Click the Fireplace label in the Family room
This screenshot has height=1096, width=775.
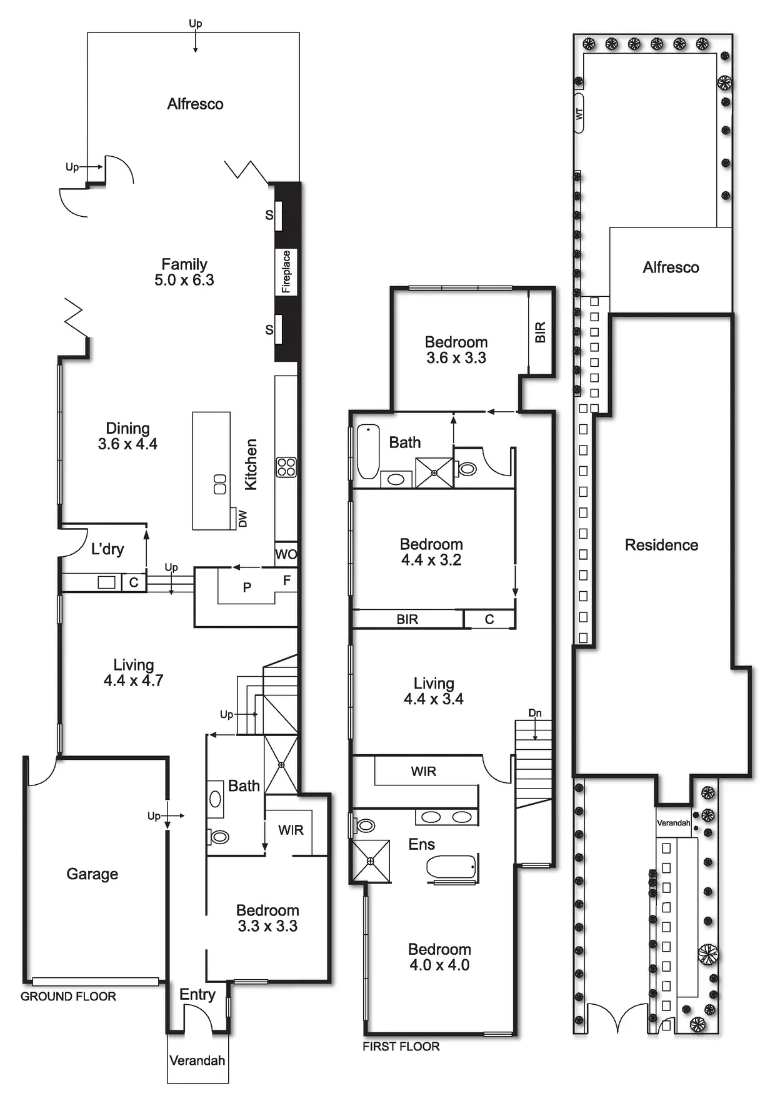(286, 271)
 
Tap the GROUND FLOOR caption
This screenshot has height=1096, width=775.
(68, 996)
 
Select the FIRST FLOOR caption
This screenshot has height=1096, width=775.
(401, 1046)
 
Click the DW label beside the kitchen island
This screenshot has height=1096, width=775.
(242, 519)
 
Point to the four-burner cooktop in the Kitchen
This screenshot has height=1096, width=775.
(286, 467)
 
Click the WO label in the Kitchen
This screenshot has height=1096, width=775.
(286, 554)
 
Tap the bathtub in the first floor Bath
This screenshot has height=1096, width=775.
(368, 451)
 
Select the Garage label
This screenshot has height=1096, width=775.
(92, 874)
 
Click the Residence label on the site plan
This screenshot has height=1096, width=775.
(661, 545)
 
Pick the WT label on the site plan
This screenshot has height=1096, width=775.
(579, 114)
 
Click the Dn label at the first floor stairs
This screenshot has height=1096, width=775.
(535, 713)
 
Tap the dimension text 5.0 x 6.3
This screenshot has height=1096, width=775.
(184, 280)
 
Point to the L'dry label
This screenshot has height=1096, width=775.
(107, 549)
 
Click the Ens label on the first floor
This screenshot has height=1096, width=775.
(421, 844)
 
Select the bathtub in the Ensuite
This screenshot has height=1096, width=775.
(451, 867)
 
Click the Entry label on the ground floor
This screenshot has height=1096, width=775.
(197, 994)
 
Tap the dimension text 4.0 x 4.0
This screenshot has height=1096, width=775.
(439, 965)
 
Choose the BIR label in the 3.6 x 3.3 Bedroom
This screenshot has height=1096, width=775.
(540, 332)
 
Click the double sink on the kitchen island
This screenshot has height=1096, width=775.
(219, 484)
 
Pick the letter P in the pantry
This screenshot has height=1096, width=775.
(247, 587)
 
